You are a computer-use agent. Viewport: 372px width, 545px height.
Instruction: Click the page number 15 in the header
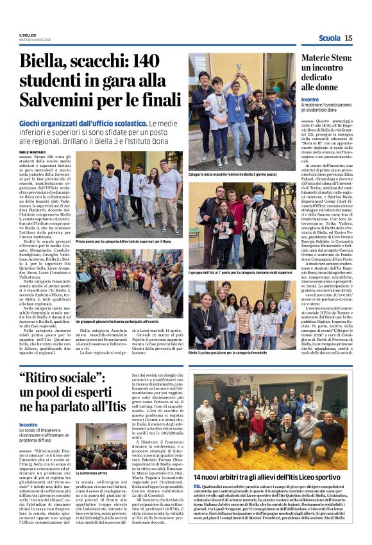tap(348, 39)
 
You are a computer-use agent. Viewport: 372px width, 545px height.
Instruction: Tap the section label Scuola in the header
tap(330, 39)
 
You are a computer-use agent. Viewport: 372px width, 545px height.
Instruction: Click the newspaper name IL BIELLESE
tap(28, 35)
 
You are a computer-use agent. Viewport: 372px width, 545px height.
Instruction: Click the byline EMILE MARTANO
tap(33, 152)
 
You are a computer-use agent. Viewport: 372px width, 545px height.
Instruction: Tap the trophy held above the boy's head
tap(239, 67)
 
